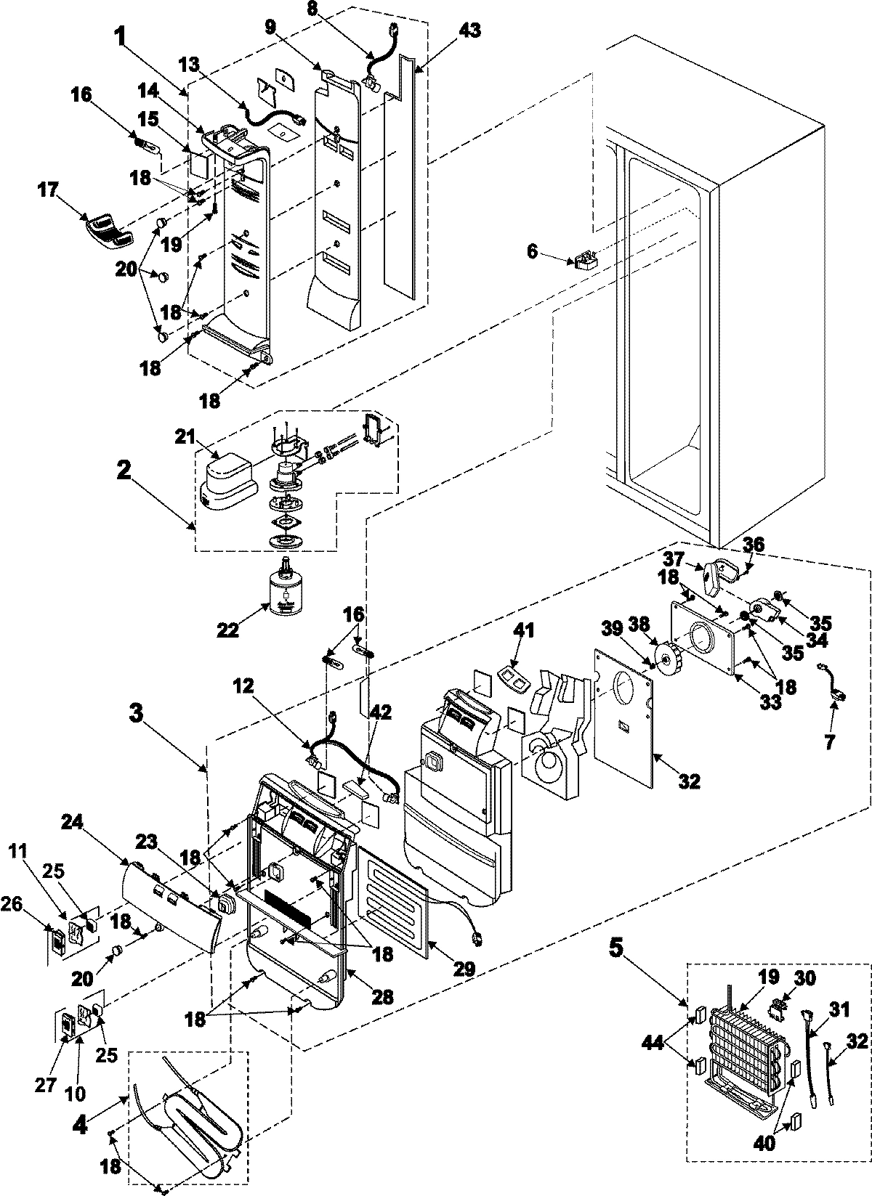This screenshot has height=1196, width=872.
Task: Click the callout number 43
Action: click(469, 30)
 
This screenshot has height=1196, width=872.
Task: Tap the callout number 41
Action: click(523, 630)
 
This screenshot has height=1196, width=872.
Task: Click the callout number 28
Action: click(382, 997)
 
